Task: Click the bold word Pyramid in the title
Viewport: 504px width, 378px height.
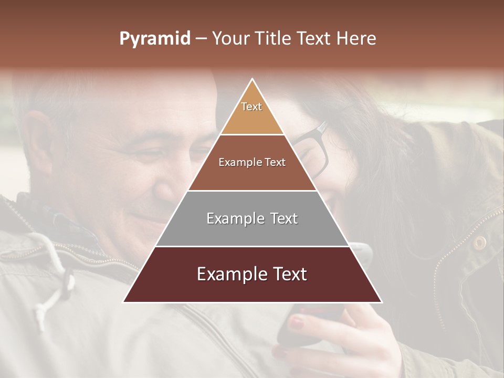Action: pyautogui.click(x=154, y=38)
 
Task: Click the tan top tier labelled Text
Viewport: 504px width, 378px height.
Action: pyautogui.click(x=252, y=110)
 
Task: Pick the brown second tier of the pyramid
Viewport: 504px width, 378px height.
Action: pyautogui.click(x=252, y=163)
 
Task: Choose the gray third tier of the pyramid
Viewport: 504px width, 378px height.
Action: pyautogui.click(x=252, y=218)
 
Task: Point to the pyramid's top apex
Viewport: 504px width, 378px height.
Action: pyautogui.click(x=253, y=80)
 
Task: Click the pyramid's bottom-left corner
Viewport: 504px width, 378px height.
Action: pyautogui.click(x=124, y=302)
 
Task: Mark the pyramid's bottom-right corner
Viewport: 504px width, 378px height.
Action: pyautogui.click(x=381, y=302)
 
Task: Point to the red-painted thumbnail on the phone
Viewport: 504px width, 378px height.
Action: pyautogui.click(x=297, y=321)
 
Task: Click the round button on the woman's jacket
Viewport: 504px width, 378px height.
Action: pyautogui.click(x=479, y=243)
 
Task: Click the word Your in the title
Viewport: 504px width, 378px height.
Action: pyautogui.click(x=231, y=38)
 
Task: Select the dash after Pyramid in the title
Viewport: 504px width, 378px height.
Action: pyautogui.click(x=201, y=38)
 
